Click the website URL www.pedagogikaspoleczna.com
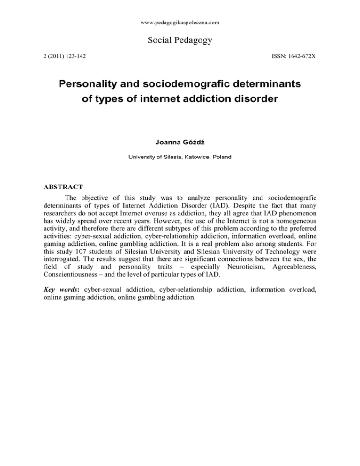click(180, 22)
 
